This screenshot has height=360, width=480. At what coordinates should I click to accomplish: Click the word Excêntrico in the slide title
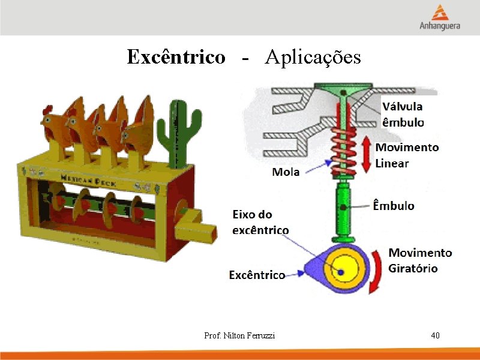(x=176, y=58)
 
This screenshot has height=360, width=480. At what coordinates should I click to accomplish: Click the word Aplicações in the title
(x=313, y=58)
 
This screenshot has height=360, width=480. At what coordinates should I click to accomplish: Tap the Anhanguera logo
(x=440, y=17)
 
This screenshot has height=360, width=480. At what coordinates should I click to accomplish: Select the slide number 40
(x=435, y=335)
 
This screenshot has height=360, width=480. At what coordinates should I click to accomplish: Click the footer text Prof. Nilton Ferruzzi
(x=239, y=336)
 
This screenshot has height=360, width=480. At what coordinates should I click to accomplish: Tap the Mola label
(x=287, y=172)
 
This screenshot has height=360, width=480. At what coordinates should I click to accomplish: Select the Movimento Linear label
(x=407, y=155)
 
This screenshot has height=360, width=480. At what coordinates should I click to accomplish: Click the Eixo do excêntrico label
(x=260, y=222)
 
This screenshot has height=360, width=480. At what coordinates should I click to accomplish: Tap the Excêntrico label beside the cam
(x=257, y=275)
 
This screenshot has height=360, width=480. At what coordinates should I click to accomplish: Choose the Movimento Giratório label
(x=420, y=260)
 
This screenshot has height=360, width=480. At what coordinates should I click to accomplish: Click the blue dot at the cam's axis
(x=340, y=272)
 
